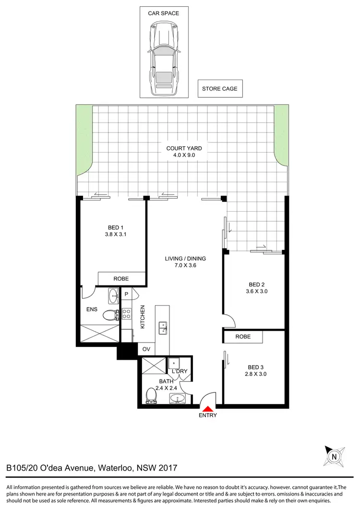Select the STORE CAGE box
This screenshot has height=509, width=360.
219,89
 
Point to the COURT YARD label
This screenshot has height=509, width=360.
184,149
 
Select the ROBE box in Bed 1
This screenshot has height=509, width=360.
121,279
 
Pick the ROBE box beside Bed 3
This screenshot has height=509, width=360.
243,337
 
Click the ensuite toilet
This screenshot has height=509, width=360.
111,315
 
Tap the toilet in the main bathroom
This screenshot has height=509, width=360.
151,395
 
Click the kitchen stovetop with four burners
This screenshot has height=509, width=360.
127,314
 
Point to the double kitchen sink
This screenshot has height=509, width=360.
163,327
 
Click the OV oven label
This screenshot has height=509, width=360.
146,349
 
